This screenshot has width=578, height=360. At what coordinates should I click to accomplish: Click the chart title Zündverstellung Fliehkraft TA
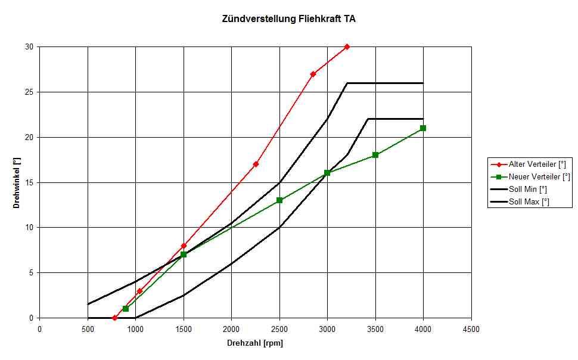(288, 19)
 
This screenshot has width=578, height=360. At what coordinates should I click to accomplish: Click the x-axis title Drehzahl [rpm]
(254, 343)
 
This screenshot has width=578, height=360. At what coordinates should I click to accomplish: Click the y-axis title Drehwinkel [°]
(17, 183)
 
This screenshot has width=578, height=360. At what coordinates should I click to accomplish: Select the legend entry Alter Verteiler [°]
(537, 164)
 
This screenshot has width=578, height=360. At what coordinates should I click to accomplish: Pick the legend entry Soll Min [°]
(528, 189)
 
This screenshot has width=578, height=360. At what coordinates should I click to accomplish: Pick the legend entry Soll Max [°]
(529, 202)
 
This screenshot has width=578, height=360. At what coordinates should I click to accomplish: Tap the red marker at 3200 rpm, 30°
(347, 46)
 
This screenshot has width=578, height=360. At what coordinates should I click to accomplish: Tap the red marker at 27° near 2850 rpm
(313, 74)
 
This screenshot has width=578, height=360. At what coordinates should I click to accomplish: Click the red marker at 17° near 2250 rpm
(256, 164)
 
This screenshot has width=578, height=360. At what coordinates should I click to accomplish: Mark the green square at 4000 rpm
(423, 128)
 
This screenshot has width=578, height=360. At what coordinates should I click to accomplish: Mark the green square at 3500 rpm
(375, 155)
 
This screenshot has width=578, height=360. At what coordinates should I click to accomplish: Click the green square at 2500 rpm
(279, 200)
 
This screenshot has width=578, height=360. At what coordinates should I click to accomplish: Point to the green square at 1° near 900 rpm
(126, 309)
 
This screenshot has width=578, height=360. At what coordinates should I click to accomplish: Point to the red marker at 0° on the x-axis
(115, 318)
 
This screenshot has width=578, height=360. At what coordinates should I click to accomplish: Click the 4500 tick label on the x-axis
(471, 328)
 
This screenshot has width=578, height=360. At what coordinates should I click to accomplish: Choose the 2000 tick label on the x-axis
(231, 328)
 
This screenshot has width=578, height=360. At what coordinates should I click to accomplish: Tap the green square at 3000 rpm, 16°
(327, 173)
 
